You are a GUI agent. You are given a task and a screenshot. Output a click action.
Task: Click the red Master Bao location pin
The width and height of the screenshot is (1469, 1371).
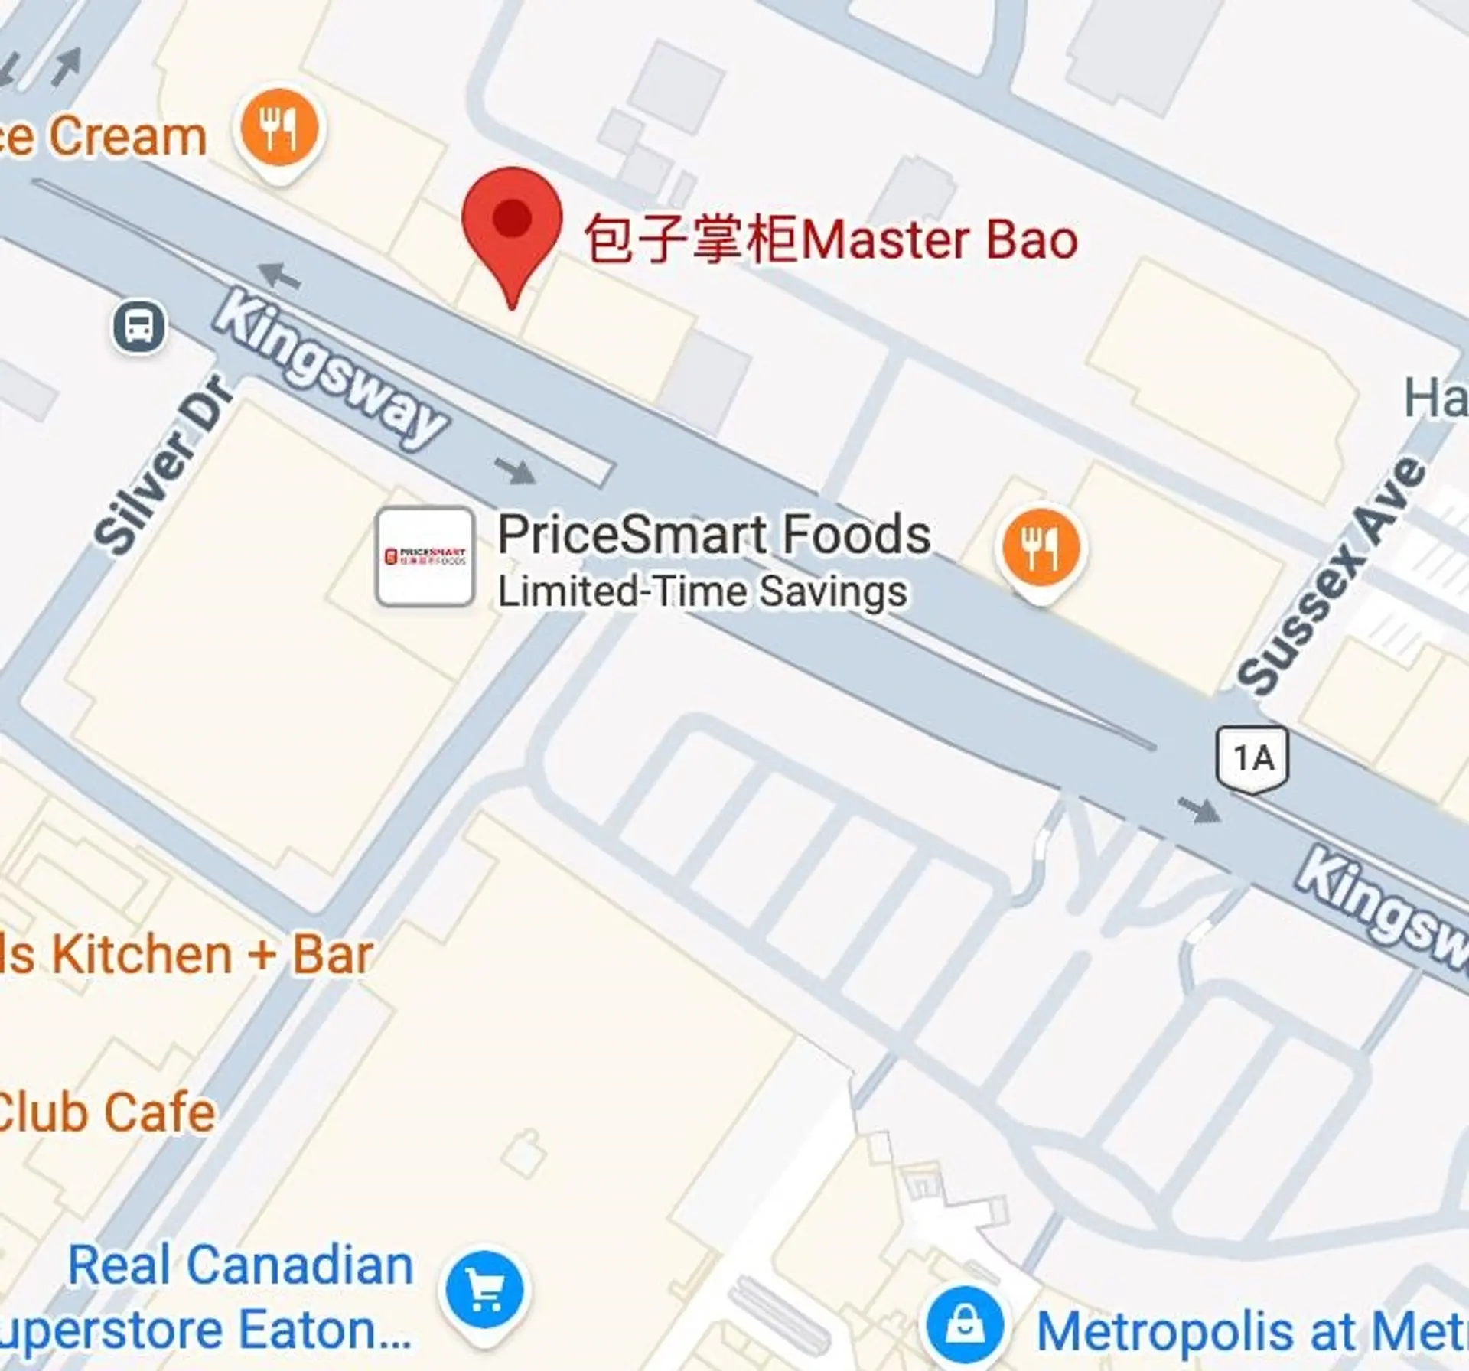tap(512, 222)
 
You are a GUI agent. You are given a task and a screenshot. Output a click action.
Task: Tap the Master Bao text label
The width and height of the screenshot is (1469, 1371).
tap(831, 239)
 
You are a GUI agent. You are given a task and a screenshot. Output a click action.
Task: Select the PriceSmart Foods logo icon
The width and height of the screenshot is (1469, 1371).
tap(425, 556)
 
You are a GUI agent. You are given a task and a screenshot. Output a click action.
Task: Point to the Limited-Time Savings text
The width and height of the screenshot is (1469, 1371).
tap(702, 591)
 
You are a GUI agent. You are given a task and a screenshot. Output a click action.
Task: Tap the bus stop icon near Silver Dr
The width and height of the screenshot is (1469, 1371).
tap(138, 327)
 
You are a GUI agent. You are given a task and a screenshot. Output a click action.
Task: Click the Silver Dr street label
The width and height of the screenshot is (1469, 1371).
tap(162, 464)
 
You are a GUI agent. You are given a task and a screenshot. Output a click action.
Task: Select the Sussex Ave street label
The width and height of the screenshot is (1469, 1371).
tap(1331, 575)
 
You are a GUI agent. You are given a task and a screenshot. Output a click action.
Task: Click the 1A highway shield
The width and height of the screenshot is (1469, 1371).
tap(1252, 759)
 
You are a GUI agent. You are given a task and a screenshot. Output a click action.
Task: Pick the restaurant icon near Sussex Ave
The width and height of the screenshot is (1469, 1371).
tap(1041, 549)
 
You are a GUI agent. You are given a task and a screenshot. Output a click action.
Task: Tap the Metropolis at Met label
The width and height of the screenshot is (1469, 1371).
tap(1251, 1332)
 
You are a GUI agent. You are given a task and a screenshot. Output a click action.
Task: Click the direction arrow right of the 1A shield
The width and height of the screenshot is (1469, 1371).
tap(1199, 809)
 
